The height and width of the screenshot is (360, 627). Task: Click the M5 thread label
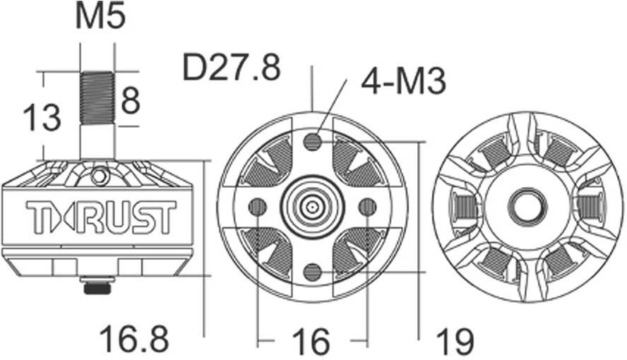click(100, 17)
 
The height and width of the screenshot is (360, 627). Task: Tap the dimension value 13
click(41, 116)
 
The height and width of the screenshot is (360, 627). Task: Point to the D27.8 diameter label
click(231, 68)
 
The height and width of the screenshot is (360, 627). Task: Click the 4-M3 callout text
click(403, 82)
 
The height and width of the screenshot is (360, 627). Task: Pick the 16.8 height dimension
click(134, 340)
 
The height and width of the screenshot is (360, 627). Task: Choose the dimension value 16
click(311, 342)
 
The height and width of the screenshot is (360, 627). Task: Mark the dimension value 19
click(454, 342)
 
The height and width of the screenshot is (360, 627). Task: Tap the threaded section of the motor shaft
click(97, 98)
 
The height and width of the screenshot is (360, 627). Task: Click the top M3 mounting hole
click(312, 143)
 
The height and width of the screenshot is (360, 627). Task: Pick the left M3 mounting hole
click(258, 206)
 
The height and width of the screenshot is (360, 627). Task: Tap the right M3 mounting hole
click(367, 206)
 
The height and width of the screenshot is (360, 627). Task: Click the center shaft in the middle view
click(312, 206)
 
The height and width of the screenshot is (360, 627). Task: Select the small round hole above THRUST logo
click(100, 174)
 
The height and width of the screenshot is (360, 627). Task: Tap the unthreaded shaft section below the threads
click(97, 141)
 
